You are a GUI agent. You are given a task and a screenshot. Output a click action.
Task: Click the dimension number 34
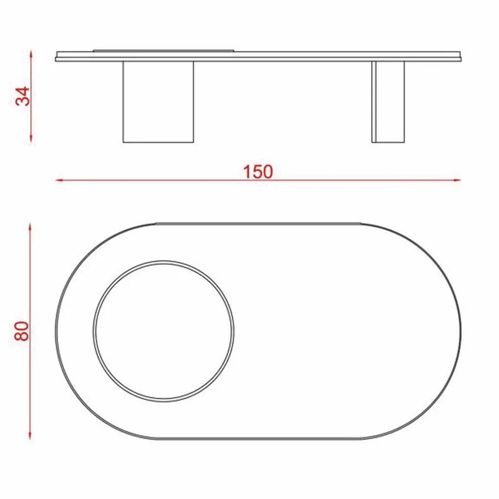click(x=23, y=96)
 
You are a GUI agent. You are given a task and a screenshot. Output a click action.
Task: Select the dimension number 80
click(x=22, y=331)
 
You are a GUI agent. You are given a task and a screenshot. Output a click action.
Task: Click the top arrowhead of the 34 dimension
click(x=31, y=54)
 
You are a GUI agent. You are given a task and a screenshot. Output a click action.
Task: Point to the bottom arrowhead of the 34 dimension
click(x=31, y=138)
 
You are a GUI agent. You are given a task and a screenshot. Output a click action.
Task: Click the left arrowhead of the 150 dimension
click(x=59, y=180)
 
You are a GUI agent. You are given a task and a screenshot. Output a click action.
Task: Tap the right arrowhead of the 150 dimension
click(x=457, y=180)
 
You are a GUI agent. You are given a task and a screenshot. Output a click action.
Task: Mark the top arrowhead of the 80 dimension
click(x=30, y=226)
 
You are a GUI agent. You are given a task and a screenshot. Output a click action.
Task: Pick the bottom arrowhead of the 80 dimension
click(x=30, y=435)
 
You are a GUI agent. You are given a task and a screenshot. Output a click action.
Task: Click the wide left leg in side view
click(x=158, y=102)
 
